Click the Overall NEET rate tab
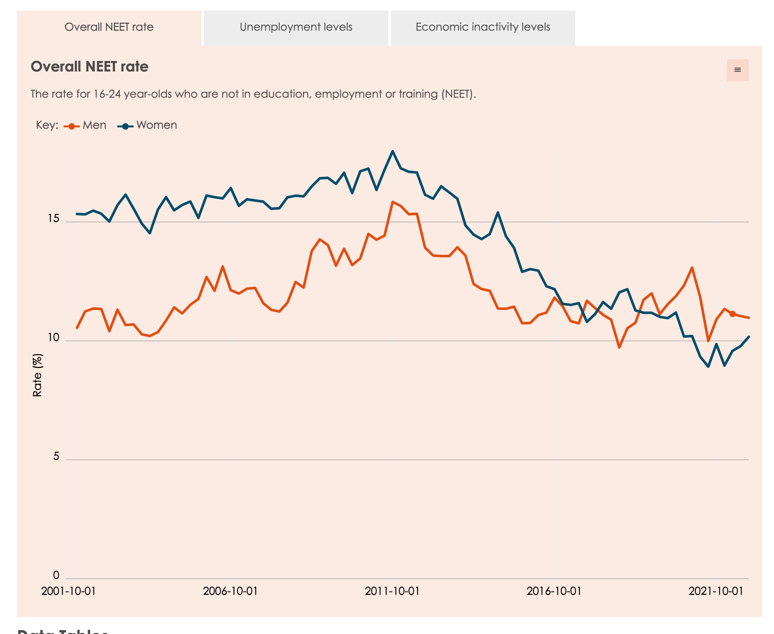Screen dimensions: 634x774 tap(109, 27)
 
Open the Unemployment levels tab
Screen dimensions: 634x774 tap(296, 27)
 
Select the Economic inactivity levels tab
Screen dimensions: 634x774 tap(483, 27)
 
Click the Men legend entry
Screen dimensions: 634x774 tap(86, 125)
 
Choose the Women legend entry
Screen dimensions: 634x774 tap(148, 125)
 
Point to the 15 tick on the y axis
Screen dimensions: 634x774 tap(53, 218)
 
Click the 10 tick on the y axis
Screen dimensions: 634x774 tap(53, 337)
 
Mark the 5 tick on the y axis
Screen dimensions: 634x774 tap(56, 456)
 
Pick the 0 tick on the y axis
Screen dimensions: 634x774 tap(56, 575)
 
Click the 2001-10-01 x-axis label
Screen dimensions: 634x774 tap(68, 591)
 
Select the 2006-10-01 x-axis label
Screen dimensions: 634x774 tap(230, 591)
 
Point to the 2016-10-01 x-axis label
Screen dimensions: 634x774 tap(554, 591)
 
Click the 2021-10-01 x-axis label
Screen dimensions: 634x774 tap(716, 591)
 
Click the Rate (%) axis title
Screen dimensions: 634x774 tap(37, 375)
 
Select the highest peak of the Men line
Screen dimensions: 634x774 tap(392, 201)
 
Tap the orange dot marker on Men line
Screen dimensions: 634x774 tap(732, 314)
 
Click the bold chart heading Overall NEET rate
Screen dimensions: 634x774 tap(89, 66)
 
